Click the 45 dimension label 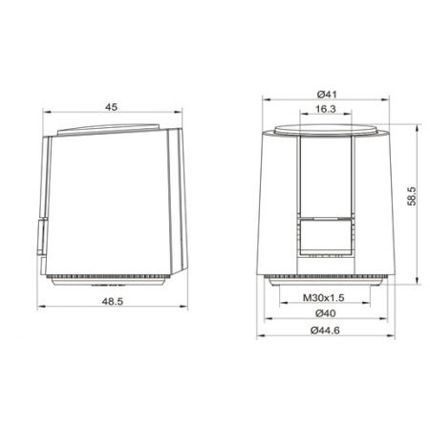[111, 107]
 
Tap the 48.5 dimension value [112, 301]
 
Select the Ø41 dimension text [327, 95]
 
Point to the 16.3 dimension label [326, 109]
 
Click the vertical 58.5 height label [412, 196]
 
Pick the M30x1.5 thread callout [324, 298]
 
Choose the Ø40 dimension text [326, 313]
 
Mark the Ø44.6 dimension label [325, 331]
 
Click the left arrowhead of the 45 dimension [47, 112]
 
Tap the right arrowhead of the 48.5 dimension [183, 307]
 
